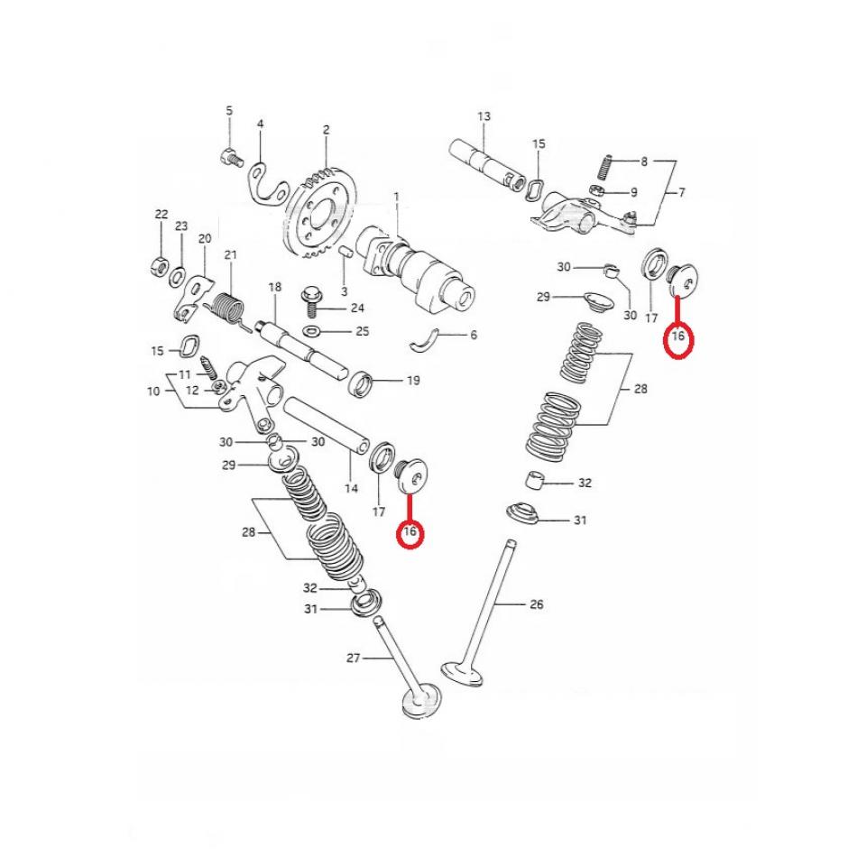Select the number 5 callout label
pos(229,110)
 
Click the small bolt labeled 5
pos(229,157)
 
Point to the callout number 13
pos(484,116)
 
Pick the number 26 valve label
pos(536,604)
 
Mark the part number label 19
pos(412,381)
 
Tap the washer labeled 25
pos(312,331)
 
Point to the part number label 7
pos(681,193)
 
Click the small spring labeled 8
pos(607,167)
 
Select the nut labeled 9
pos(596,190)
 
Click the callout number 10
pos(152,392)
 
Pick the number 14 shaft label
pos(351,489)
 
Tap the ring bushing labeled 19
pos(363,382)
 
